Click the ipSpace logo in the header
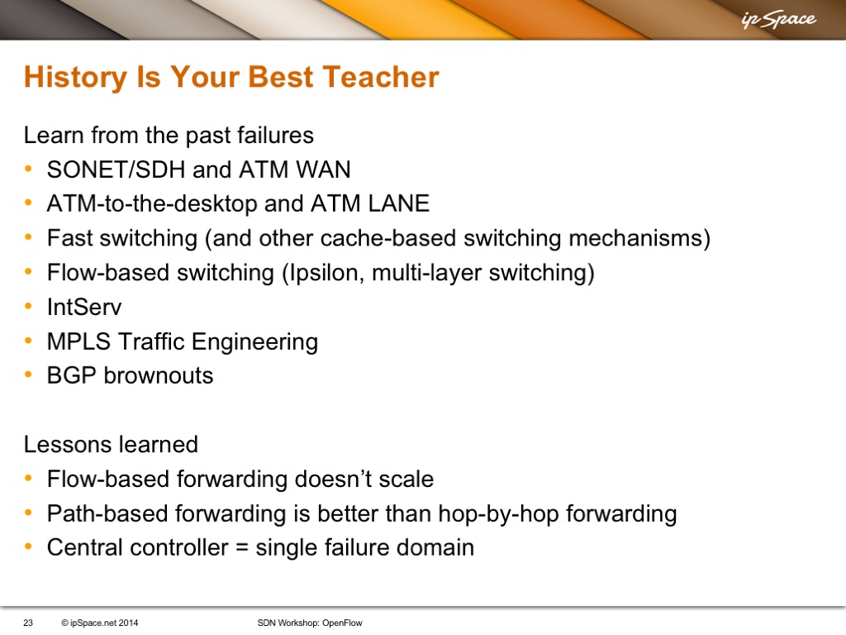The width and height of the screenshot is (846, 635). pos(778,20)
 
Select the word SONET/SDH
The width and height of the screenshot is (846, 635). pos(116,169)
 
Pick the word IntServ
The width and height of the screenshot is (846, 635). pos(84,307)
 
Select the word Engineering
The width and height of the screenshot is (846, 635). pos(254,342)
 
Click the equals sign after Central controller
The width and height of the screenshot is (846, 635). pos(242,548)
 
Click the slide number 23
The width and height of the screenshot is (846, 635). pos(28,623)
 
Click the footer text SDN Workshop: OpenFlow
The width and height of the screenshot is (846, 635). pos(310,623)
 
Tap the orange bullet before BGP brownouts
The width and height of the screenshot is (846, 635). pos(28,375)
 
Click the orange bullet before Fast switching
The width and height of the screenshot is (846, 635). pos(28,237)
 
